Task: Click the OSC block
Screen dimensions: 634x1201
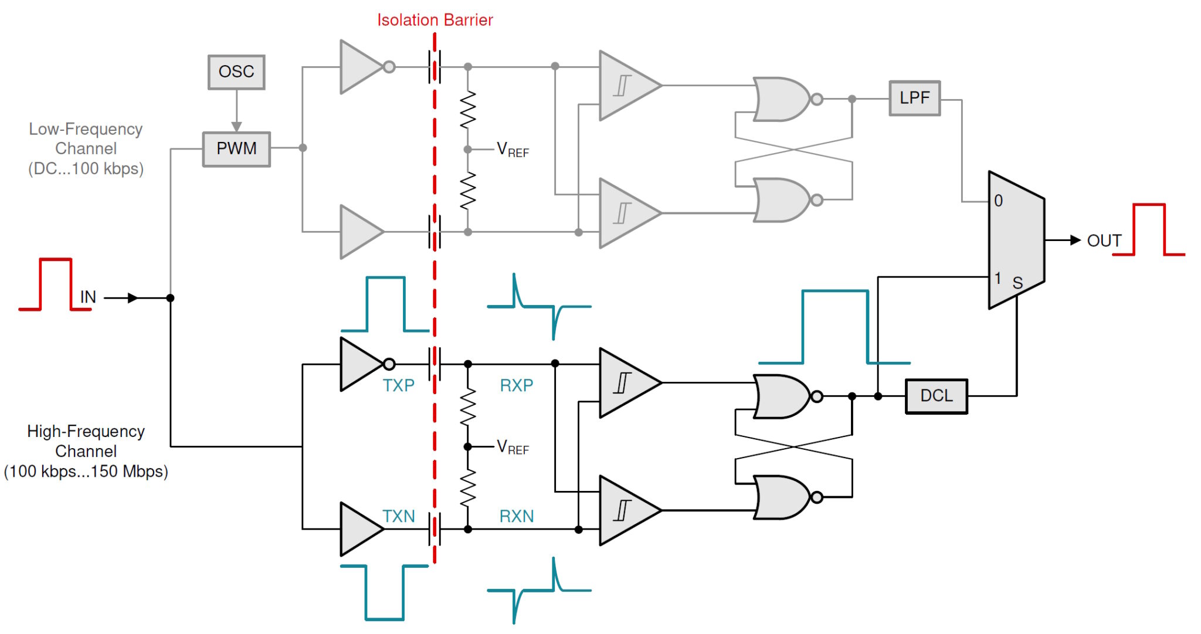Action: pyautogui.click(x=236, y=72)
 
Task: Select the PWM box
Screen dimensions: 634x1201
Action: pyautogui.click(x=236, y=149)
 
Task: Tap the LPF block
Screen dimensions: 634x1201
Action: pyautogui.click(x=914, y=98)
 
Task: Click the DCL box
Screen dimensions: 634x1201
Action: pyautogui.click(x=936, y=396)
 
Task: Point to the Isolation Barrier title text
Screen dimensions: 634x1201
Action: pyautogui.click(x=435, y=20)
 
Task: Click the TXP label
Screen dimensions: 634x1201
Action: pyautogui.click(x=398, y=385)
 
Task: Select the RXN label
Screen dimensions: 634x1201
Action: pyautogui.click(x=516, y=516)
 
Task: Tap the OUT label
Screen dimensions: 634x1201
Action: pyautogui.click(x=1104, y=240)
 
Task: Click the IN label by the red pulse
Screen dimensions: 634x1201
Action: pyautogui.click(x=88, y=297)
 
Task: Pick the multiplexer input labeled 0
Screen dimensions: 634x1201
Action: pyautogui.click(x=998, y=201)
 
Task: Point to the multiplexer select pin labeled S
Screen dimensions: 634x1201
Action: pyautogui.click(x=1017, y=283)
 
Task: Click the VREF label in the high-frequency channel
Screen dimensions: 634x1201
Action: pyautogui.click(x=513, y=447)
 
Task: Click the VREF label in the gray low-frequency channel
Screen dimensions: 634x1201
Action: pyautogui.click(x=513, y=150)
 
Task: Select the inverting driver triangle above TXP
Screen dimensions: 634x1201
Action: pyautogui.click(x=359, y=364)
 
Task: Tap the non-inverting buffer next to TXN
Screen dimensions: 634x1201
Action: pyautogui.click(x=359, y=529)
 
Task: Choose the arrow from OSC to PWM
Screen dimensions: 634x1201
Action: pyautogui.click(x=236, y=111)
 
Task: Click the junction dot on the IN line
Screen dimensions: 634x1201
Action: pyautogui.click(x=171, y=298)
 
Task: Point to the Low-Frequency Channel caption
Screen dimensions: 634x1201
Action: pyautogui.click(x=86, y=149)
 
